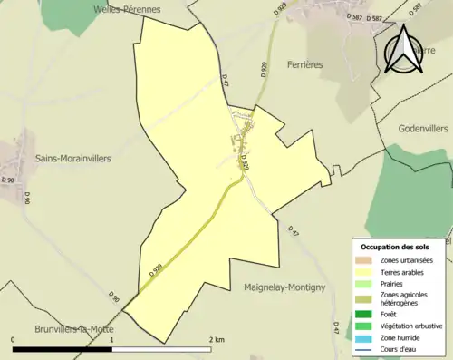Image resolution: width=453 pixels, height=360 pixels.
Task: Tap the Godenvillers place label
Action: tap(424, 128)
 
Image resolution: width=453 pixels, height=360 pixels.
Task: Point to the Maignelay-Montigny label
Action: tap(284, 287)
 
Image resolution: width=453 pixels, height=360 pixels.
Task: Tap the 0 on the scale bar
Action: tap(13, 339)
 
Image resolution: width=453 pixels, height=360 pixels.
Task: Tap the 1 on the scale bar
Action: tap(111, 339)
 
